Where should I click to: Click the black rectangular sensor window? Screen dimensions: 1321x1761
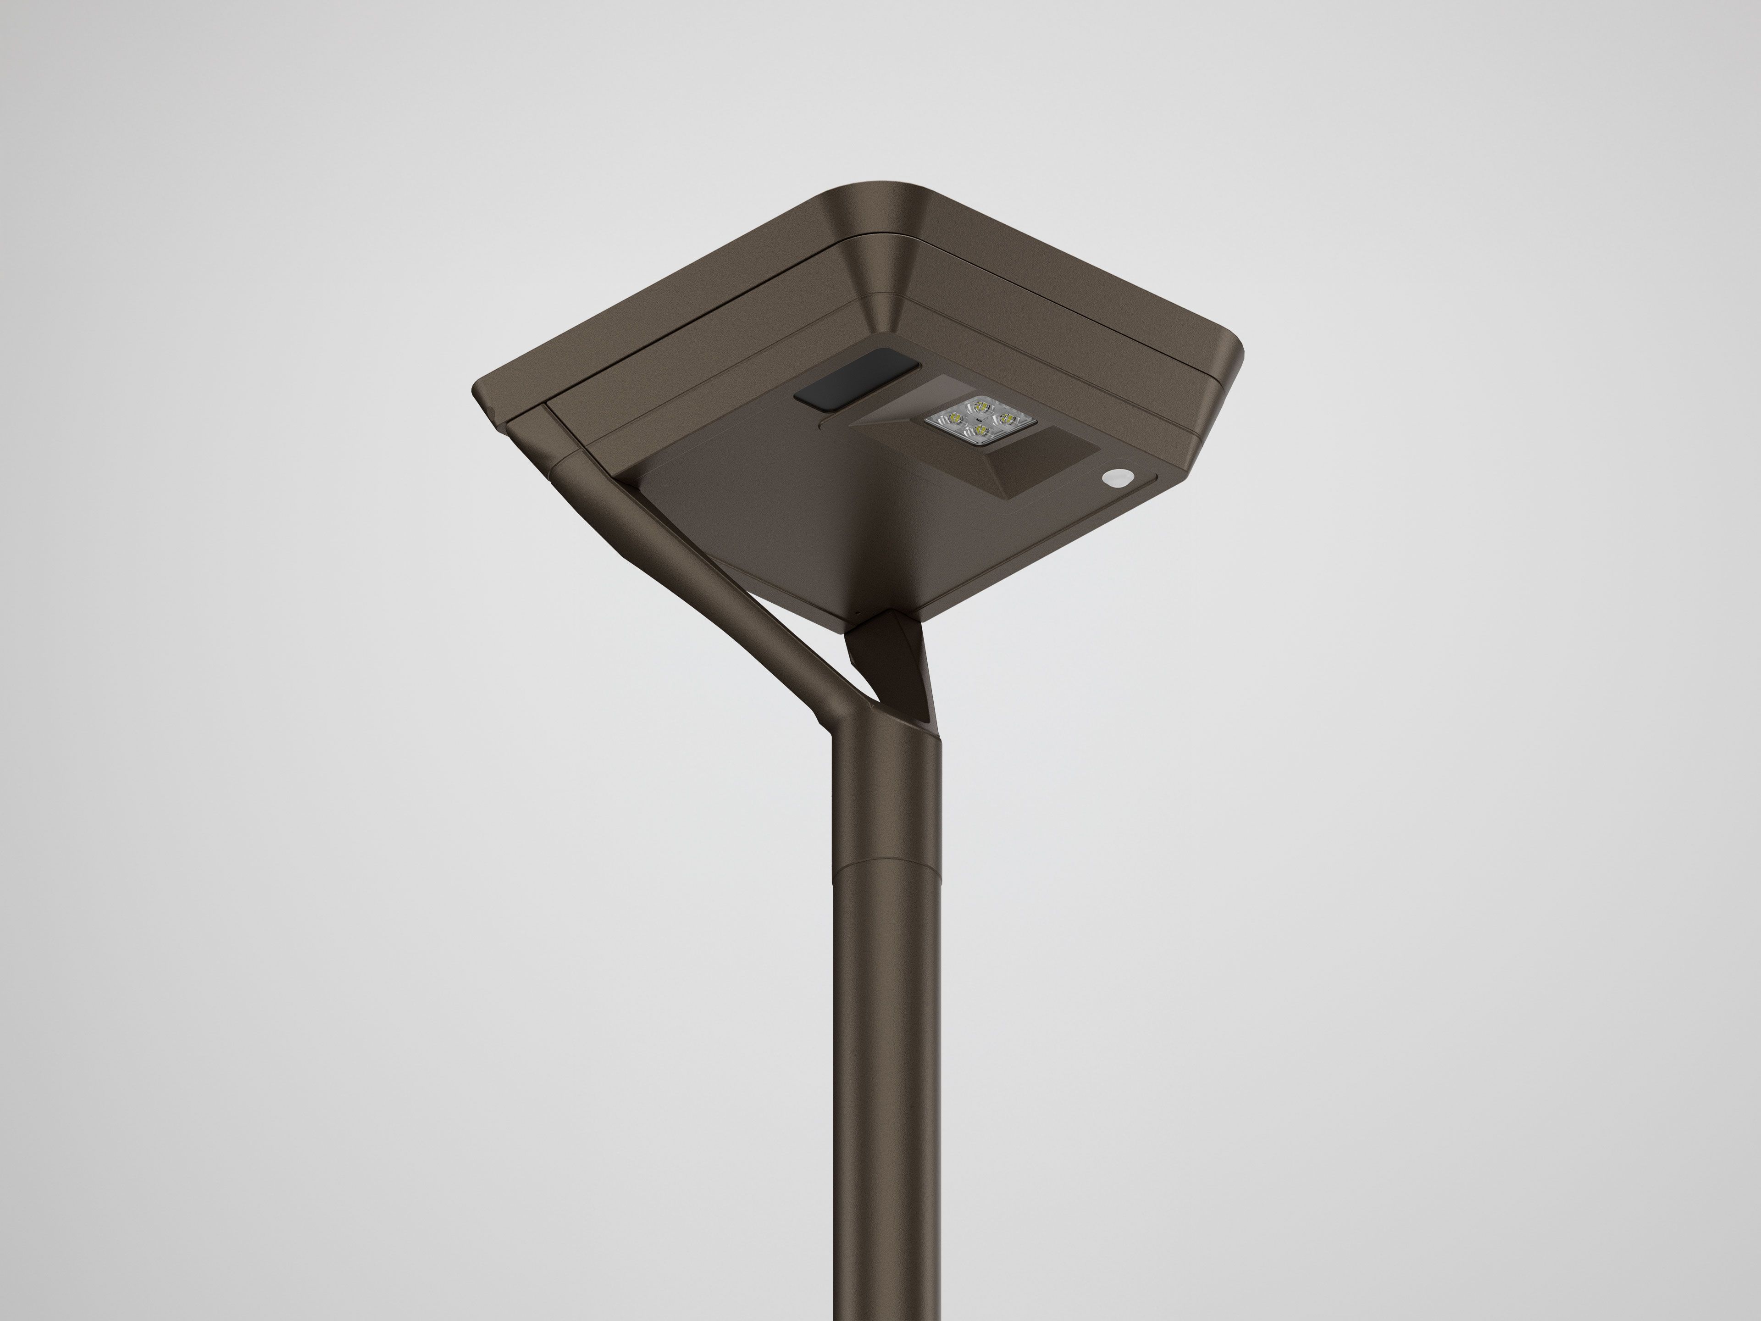(x=860, y=379)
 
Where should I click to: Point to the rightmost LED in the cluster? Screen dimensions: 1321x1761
(x=1007, y=418)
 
